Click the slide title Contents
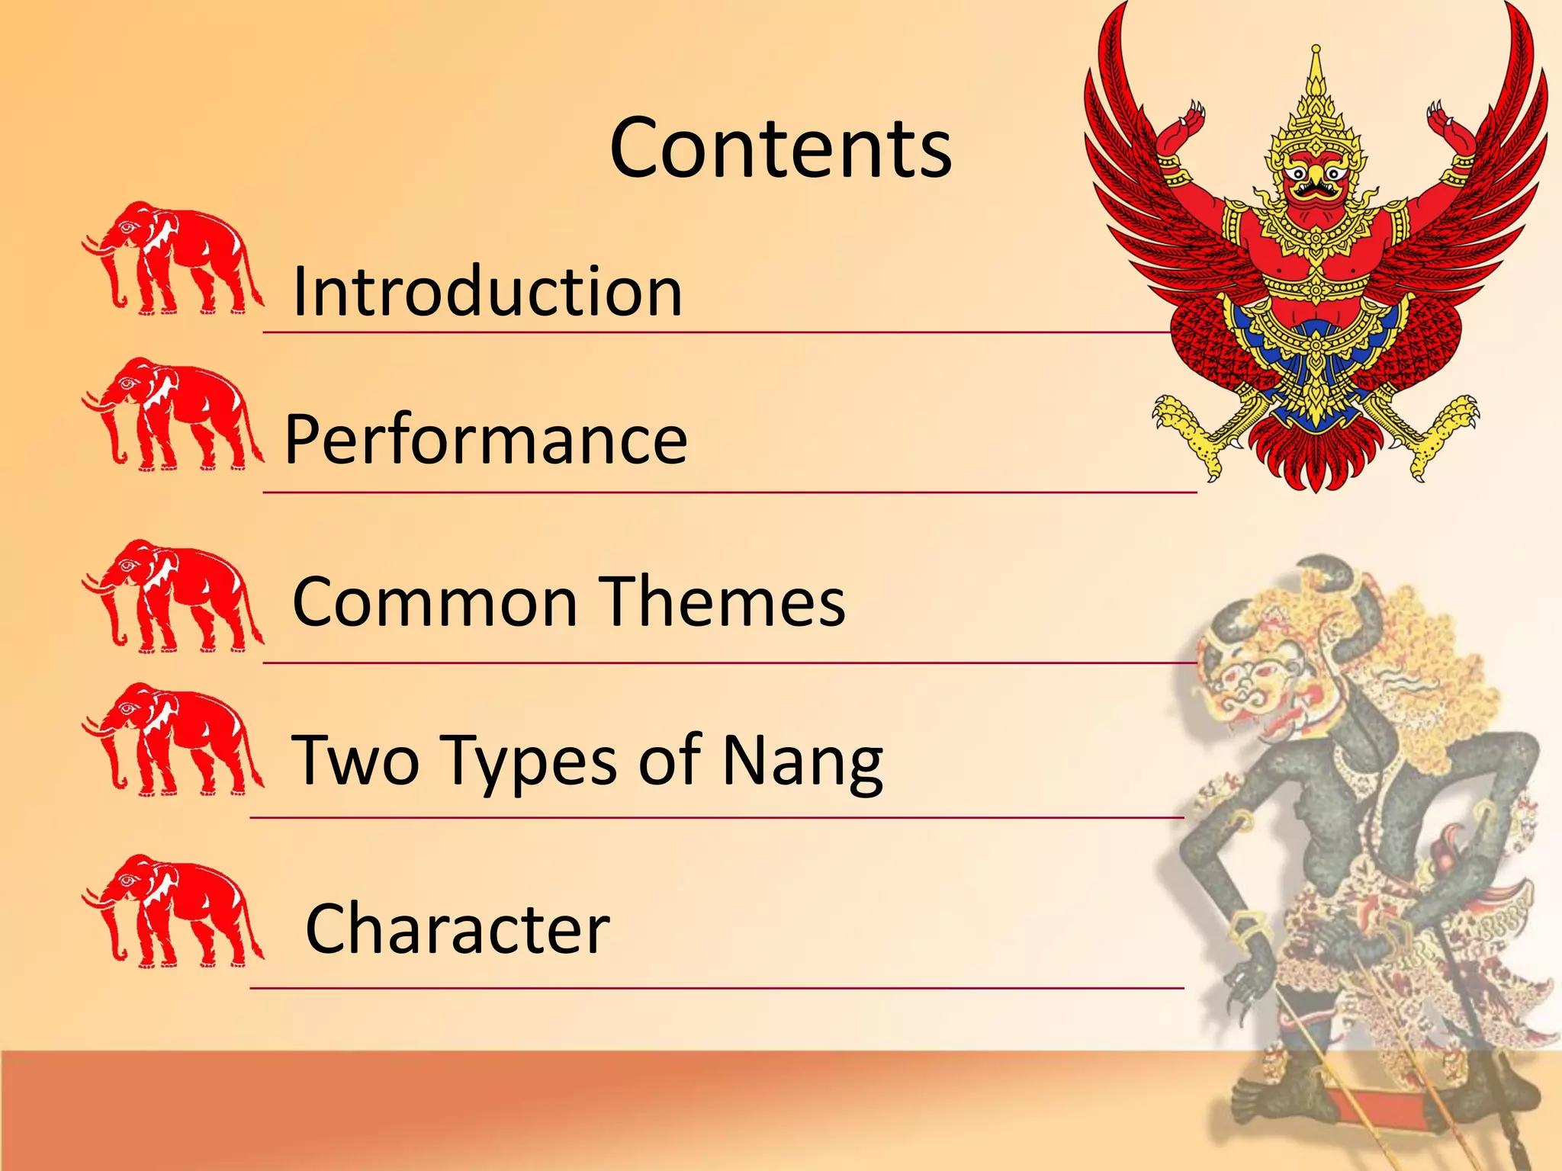click(x=780, y=149)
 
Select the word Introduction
click(x=487, y=291)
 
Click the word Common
click(x=435, y=602)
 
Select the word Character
click(x=458, y=929)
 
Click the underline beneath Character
click(x=717, y=988)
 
